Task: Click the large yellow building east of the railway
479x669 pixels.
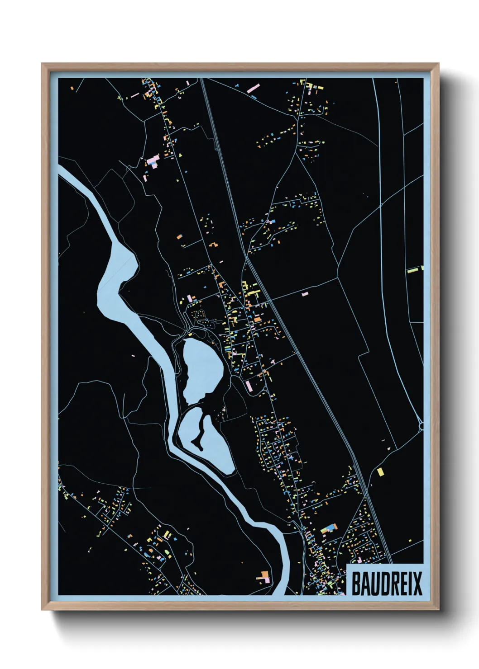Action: (x=380, y=472)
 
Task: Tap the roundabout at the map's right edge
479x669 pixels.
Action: (x=422, y=425)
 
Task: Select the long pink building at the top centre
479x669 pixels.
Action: (x=253, y=88)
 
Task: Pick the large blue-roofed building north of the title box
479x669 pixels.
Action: (x=330, y=528)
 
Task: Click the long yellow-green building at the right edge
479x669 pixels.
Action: (x=413, y=270)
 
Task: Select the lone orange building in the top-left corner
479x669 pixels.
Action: (x=72, y=88)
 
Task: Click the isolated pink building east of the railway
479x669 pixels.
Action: (x=305, y=294)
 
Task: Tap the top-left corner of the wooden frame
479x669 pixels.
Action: (x=43, y=64)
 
